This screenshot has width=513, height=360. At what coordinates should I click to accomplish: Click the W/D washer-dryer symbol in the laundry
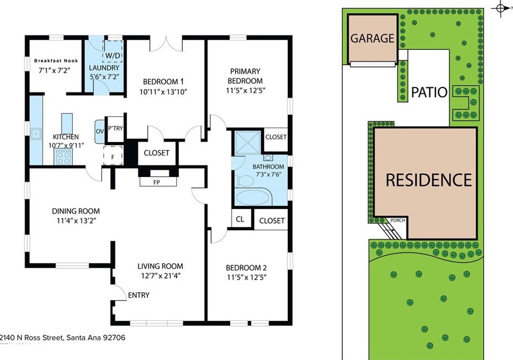point(112,56)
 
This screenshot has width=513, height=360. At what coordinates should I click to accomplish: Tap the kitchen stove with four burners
point(64,156)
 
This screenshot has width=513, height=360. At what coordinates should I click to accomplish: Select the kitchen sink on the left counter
point(36,134)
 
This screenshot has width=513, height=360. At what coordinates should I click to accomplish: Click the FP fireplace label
point(157,182)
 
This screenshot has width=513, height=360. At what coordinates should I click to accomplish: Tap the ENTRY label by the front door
point(139,295)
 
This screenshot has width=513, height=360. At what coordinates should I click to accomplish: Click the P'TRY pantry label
point(116,128)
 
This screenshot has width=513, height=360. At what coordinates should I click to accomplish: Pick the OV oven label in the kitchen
point(100,131)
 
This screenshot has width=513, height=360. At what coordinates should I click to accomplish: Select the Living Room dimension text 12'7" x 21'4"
point(160,276)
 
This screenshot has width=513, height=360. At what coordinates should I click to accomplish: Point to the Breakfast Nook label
point(56,60)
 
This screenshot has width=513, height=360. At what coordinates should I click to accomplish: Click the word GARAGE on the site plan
point(372,38)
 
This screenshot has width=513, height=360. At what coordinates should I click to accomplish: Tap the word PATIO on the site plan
point(429,93)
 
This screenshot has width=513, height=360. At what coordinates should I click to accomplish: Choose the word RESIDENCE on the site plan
point(428,180)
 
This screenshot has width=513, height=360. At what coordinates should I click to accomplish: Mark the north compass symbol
point(500,8)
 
